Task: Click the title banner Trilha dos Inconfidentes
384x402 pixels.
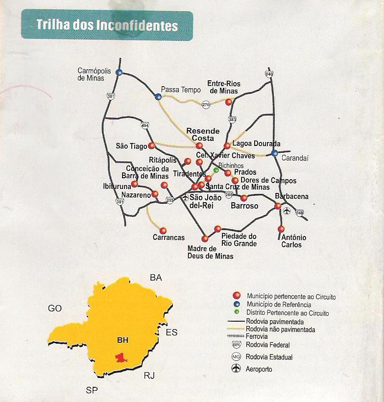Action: pos(106,25)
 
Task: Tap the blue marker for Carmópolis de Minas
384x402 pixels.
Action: pos(119,72)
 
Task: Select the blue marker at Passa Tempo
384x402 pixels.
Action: pos(158,97)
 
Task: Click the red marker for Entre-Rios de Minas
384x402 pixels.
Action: pos(229,102)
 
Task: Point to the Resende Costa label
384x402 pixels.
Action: pos(203,135)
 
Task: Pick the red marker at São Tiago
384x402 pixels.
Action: pos(152,145)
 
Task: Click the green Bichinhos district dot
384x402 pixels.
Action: pos(216,170)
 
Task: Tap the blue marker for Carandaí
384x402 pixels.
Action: pos(275,153)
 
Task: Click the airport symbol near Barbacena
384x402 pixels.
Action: pos(287,211)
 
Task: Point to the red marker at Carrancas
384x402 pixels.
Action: pos(163,231)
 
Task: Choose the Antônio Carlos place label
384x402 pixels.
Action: pos(294,241)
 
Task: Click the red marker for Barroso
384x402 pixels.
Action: pos(244,198)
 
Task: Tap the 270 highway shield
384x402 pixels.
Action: pos(206,104)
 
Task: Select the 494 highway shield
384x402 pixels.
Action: pos(145,125)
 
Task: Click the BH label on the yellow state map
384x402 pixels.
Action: pos(122,340)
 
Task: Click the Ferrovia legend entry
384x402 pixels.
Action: pos(257,337)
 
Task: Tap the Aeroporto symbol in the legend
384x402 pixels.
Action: pos(236,368)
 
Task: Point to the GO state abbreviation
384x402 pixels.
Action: pos(55,308)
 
